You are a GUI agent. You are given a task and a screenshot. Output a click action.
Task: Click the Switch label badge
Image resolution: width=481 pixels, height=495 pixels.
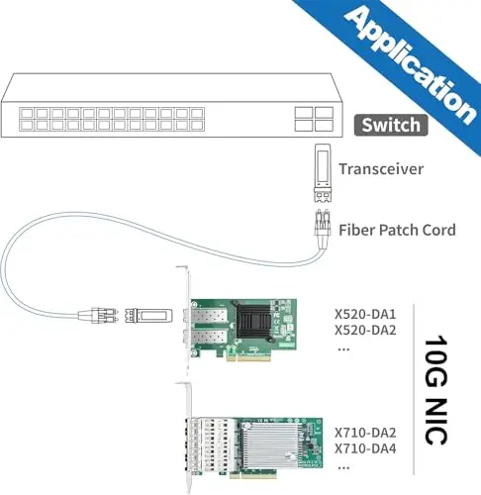[x=391, y=125]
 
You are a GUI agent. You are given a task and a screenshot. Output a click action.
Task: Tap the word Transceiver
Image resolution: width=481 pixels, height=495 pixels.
[x=381, y=169]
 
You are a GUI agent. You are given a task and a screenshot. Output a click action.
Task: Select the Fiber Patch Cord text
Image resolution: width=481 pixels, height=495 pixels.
[x=397, y=230]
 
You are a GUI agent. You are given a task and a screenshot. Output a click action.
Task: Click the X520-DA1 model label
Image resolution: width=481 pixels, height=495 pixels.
[x=365, y=314]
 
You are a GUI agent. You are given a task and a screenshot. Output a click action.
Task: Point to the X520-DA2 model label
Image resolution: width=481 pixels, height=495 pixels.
[x=365, y=330]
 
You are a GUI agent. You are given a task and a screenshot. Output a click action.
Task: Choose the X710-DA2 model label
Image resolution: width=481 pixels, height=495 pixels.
[x=365, y=433]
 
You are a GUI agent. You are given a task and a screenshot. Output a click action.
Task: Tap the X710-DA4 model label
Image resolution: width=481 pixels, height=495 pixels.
[x=365, y=448]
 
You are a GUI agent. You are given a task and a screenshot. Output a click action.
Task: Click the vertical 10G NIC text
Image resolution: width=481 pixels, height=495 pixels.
[x=436, y=390]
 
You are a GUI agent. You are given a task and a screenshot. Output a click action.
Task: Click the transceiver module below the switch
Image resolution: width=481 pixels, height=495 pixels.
[x=323, y=172]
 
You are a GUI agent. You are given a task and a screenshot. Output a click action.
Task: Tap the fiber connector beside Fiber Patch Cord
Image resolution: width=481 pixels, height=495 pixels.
[x=322, y=229]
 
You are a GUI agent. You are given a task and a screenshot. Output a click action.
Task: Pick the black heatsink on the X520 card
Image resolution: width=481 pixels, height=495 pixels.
[x=253, y=319]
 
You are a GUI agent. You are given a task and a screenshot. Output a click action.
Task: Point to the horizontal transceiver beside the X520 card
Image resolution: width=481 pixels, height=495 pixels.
[x=148, y=316]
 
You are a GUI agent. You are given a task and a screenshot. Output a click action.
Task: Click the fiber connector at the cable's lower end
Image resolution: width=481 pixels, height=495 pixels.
[x=98, y=315]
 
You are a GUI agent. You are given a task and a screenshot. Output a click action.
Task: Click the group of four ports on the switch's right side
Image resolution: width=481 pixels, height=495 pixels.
[x=314, y=119]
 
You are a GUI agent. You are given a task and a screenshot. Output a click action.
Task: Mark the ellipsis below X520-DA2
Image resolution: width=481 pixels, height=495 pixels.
[x=343, y=349]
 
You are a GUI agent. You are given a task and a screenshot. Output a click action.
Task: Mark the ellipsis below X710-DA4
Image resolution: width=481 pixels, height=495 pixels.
[x=343, y=467]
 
